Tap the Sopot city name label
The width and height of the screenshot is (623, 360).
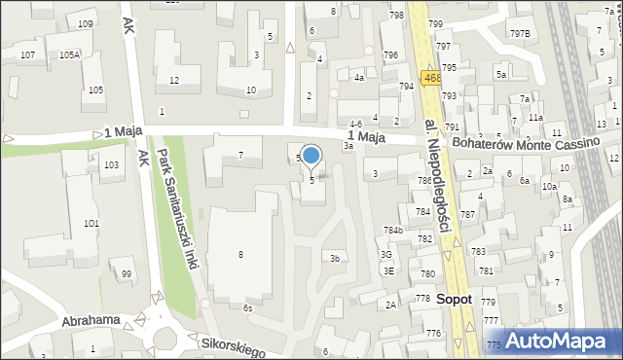pos(454,300)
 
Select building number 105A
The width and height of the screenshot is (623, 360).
pos(69,55)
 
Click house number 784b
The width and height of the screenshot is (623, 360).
pos(392,231)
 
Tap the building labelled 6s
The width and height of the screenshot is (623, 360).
pos(248,307)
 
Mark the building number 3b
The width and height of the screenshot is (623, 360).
pos(334,258)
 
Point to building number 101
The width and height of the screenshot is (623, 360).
pos(91,224)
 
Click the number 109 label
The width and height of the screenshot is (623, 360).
pos(86,23)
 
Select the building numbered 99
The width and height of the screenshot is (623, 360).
pos(126,274)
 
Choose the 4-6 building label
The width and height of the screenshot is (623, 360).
pos(356,124)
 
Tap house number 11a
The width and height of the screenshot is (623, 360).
pos(535,117)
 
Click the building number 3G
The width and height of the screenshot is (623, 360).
pos(386,255)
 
